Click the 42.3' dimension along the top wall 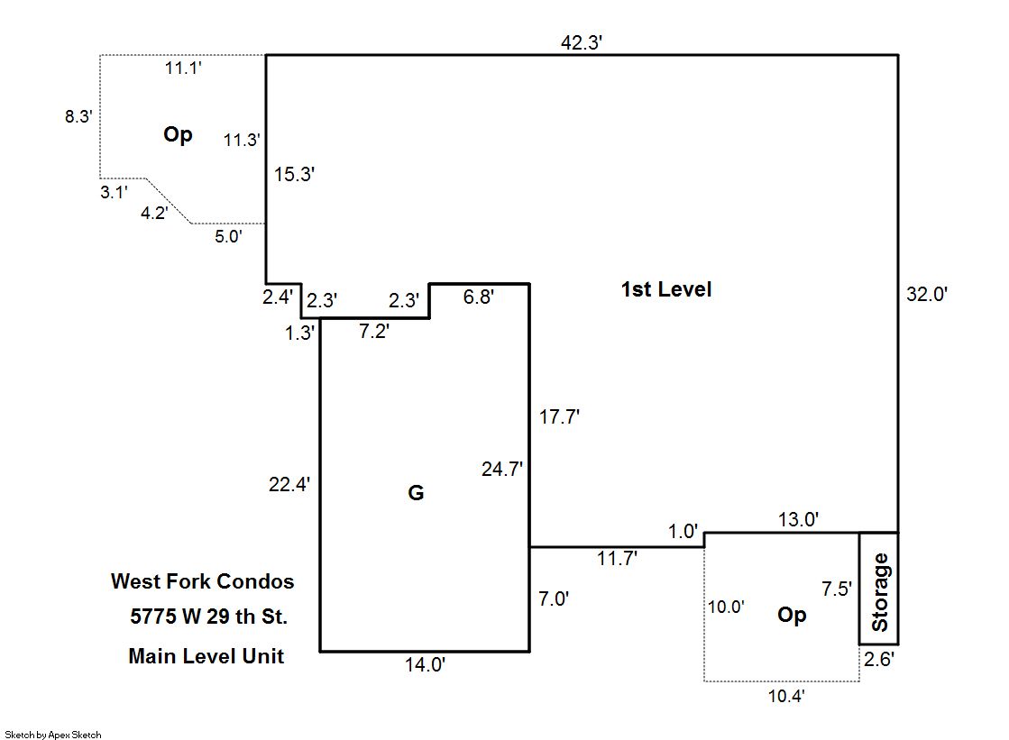[x=581, y=42]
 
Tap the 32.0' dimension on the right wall [x=927, y=294]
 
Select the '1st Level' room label [x=666, y=289]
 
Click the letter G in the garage [x=416, y=493]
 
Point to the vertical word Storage [x=879, y=592]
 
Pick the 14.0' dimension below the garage [x=425, y=664]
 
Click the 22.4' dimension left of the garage [x=289, y=484]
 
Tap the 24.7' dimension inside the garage [x=502, y=469]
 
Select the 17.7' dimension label [x=559, y=417]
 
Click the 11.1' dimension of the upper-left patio [x=183, y=69]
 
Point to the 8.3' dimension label [x=78, y=116]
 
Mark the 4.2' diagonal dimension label [x=154, y=213]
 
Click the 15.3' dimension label [x=294, y=174]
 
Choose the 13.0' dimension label [x=798, y=519]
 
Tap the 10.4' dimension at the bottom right [x=786, y=696]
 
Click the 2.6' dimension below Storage [x=878, y=660]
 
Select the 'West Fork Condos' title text [x=202, y=581]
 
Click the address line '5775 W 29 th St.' [x=208, y=617]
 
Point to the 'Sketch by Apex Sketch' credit [x=53, y=735]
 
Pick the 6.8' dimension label [x=478, y=297]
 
